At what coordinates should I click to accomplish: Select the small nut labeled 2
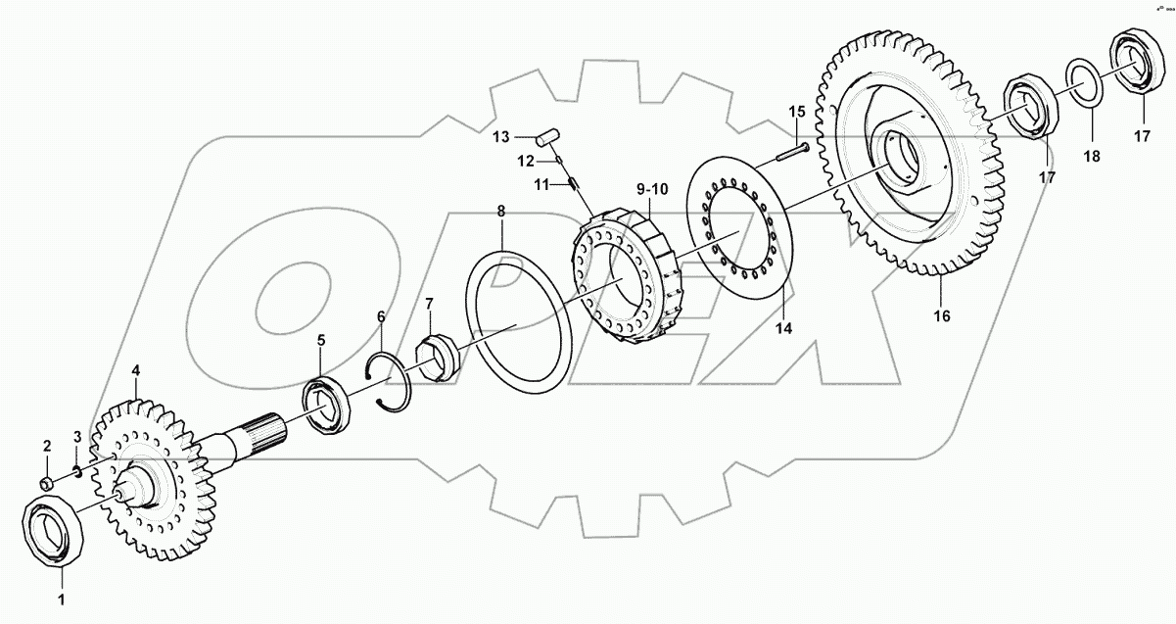coord(46,483)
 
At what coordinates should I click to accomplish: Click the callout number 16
coord(941,315)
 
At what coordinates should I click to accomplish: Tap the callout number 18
coord(1091,156)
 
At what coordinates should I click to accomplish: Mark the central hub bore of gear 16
coord(899,157)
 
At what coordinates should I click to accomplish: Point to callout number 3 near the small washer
coord(77,436)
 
